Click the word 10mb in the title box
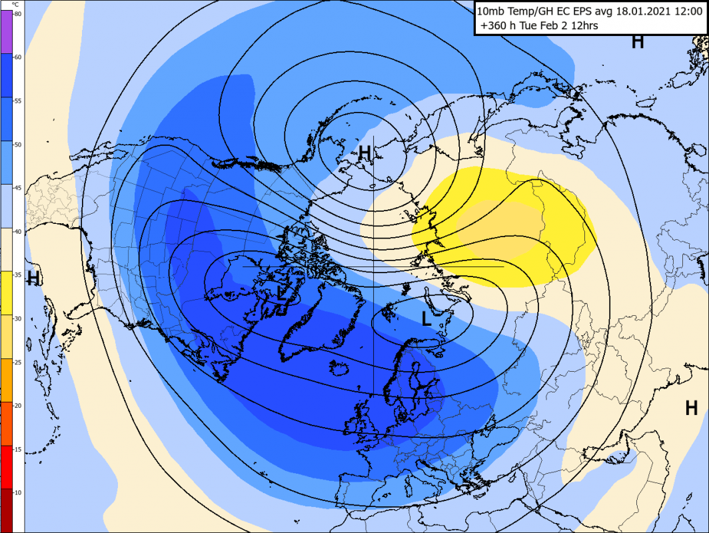click(492, 11)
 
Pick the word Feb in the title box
click(566, 27)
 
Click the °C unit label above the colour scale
click(17, 5)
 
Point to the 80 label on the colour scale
click(17, 14)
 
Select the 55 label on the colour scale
click(17, 101)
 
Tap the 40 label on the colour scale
click(17, 231)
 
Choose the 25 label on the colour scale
click(17, 362)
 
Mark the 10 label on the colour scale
click(17, 492)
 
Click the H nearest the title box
click(638, 41)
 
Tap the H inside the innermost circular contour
click(364, 153)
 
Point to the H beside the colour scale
click(33, 278)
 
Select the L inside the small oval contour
click(427, 318)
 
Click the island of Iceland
click(339, 368)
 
